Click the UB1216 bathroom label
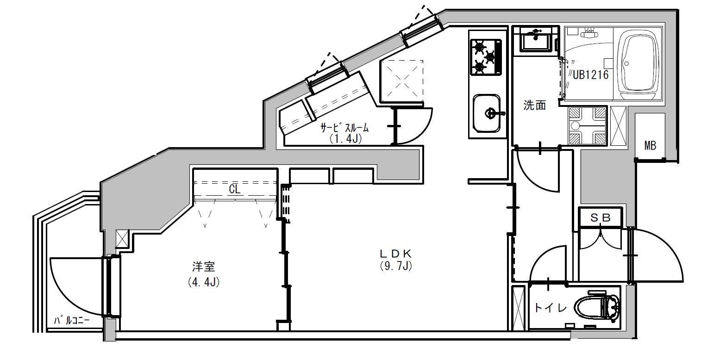590,75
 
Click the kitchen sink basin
487,113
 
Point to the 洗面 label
534,105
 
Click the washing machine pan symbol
587,125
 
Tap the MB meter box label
650,145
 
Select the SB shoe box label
600,218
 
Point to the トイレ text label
551,308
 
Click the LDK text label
395,253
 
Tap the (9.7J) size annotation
396,266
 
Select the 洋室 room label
204,267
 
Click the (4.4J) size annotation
204,282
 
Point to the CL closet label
235,189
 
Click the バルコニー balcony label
71,321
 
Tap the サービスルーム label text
344,128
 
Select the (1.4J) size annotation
345,139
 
